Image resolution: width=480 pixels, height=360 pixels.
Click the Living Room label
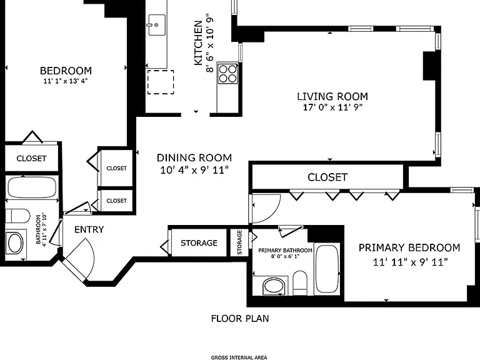tap(332, 96)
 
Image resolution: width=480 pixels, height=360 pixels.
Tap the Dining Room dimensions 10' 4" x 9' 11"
tap(194, 170)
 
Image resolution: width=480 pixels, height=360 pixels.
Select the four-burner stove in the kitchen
tap(228, 74)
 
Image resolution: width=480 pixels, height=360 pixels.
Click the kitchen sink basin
tap(157, 24)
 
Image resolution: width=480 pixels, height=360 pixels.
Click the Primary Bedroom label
tap(409, 247)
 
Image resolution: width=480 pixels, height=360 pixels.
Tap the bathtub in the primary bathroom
tap(327, 269)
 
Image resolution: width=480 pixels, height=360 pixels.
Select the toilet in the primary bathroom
tap(300, 283)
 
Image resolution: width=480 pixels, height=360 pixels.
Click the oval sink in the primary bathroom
tap(274, 286)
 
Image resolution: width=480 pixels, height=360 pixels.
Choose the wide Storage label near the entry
tap(199, 243)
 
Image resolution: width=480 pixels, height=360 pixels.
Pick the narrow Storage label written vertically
tap(239, 242)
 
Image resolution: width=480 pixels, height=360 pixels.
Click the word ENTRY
tap(89, 229)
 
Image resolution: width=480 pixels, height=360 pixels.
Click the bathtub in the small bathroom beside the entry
tap(32, 187)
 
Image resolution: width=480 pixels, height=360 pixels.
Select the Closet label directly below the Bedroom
tap(31, 159)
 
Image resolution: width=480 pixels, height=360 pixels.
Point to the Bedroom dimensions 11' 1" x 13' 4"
tap(66, 81)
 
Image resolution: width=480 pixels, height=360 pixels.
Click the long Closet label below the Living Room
tap(327, 177)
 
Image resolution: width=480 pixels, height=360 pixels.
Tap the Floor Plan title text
tap(240, 319)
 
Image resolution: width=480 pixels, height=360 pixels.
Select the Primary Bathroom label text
tap(285, 251)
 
